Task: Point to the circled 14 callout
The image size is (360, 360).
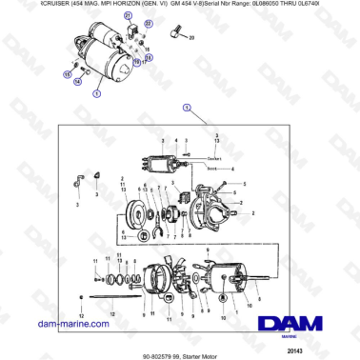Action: tap(77, 83)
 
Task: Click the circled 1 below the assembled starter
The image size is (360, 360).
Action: tap(96, 94)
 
